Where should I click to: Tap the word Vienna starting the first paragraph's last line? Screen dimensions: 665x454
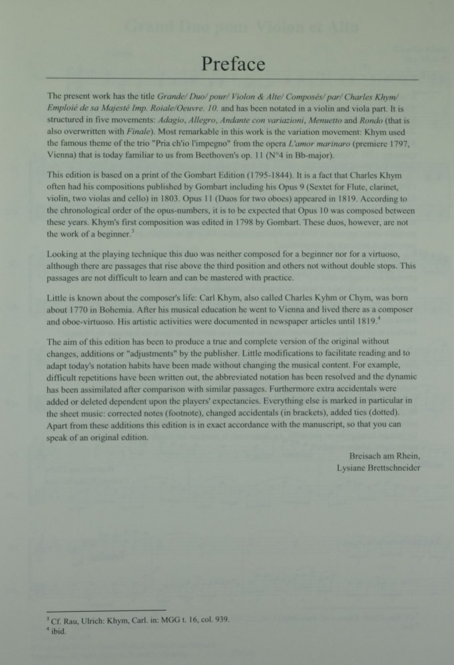coord(63,156)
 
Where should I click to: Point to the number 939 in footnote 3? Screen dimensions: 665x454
coord(221,620)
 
